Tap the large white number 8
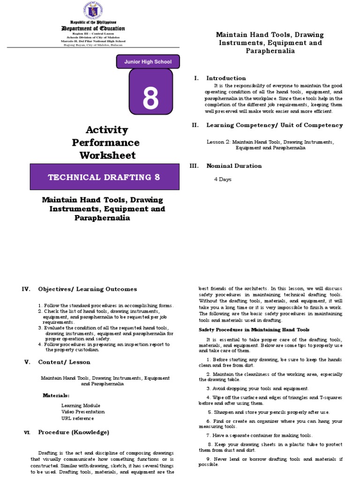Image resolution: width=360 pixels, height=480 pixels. tap(150, 98)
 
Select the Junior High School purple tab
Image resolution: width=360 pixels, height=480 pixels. tap(148, 62)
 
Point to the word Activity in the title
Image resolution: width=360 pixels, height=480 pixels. tap(106, 129)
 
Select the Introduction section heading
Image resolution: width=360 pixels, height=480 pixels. tap(226, 78)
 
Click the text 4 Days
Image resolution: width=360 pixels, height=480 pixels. tap(223, 180)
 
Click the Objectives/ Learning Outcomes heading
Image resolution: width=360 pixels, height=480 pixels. tap(88, 289)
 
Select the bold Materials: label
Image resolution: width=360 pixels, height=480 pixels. tap(56, 396)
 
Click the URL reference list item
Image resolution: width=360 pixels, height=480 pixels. tap(77, 418)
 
